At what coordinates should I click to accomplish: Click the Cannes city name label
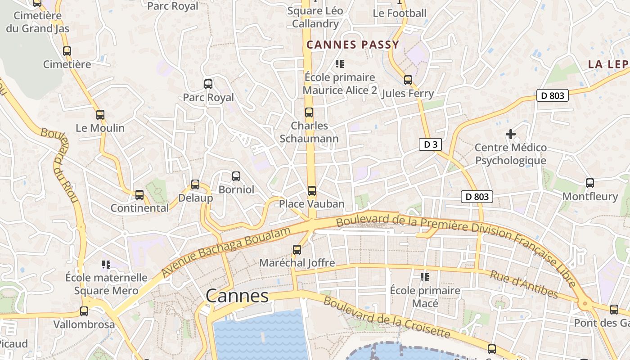[237, 296]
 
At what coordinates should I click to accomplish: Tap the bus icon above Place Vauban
[312, 191]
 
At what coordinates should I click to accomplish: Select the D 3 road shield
[430, 144]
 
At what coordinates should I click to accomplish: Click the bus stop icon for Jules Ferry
[408, 80]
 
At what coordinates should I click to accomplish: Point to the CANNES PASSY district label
[353, 45]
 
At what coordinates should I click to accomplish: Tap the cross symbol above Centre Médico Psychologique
[511, 134]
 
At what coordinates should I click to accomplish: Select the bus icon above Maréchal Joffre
[297, 249]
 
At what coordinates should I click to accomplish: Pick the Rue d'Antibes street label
[524, 284]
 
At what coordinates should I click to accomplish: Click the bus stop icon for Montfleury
[590, 183]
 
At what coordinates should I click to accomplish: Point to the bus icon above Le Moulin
[100, 115]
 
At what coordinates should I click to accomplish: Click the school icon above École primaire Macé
[425, 277]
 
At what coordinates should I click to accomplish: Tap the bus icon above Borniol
[236, 176]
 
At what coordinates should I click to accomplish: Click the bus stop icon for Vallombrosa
[84, 311]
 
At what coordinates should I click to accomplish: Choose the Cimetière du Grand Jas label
[37, 22]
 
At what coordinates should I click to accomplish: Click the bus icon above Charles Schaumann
[309, 112]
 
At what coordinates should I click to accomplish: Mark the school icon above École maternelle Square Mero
[106, 265]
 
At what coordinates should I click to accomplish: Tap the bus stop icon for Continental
[139, 195]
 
